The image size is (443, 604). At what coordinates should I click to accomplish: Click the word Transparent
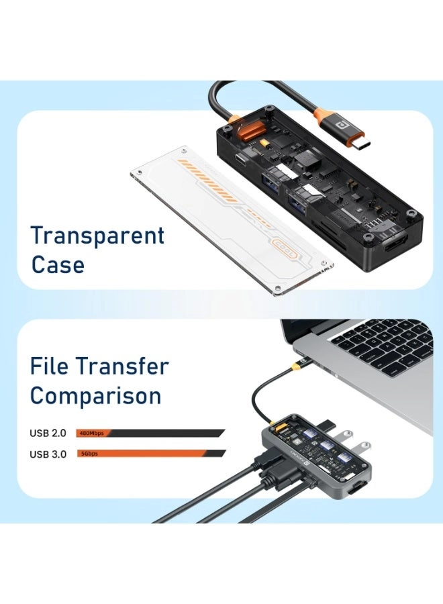pyautogui.click(x=97, y=236)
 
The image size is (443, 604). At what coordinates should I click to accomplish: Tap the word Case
pyautogui.click(x=58, y=264)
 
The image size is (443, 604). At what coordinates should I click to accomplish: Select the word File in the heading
pyautogui.click(x=50, y=366)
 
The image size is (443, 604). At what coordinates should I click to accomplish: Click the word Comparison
pyautogui.click(x=95, y=395)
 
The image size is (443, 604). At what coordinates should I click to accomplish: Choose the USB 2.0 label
pyautogui.click(x=48, y=433)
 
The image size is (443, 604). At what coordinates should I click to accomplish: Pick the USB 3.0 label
pyautogui.click(x=48, y=454)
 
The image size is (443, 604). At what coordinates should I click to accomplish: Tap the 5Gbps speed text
pyautogui.click(x=90, y=454)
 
